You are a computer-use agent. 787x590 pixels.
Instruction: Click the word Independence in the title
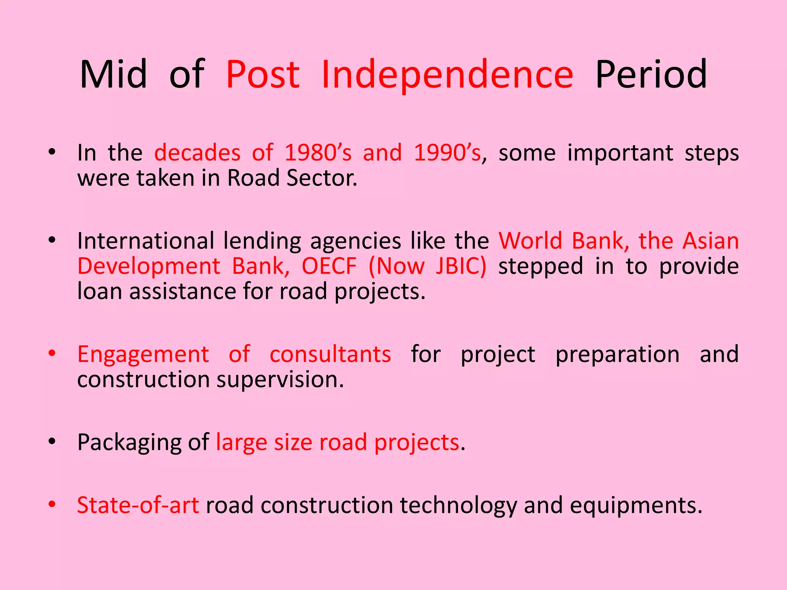(447, 75)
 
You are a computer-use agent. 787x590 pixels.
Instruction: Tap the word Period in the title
(651, 75)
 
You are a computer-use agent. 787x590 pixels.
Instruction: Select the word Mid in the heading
(113, 75)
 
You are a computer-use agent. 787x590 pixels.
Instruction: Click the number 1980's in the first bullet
(318, 153)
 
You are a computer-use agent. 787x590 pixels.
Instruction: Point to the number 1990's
(447, 153)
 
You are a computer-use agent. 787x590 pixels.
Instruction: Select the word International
(145, 241)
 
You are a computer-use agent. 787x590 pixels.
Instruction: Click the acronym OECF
(329, 266)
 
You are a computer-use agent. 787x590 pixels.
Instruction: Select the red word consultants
(330, 354)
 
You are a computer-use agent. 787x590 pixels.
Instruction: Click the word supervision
(280, 380)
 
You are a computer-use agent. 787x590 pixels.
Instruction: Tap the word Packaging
(129, 443)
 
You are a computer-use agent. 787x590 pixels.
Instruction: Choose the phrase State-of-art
(138, 505)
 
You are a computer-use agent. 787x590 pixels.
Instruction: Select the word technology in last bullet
(458, 506)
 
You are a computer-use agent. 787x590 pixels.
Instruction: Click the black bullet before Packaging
(52, 441)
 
